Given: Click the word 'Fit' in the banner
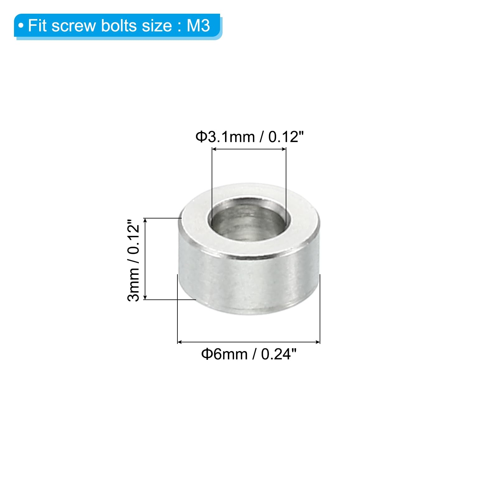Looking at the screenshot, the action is coord(37,26).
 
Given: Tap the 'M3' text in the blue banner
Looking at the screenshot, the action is coord(198,26).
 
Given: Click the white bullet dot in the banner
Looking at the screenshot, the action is coord(21,26).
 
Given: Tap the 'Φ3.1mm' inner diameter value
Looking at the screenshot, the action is coord(225,137).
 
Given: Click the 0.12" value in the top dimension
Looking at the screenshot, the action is coord(286,137).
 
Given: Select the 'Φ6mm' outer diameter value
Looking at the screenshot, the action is coord(224,354).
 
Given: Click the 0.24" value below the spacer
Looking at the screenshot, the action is coord(279,354).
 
